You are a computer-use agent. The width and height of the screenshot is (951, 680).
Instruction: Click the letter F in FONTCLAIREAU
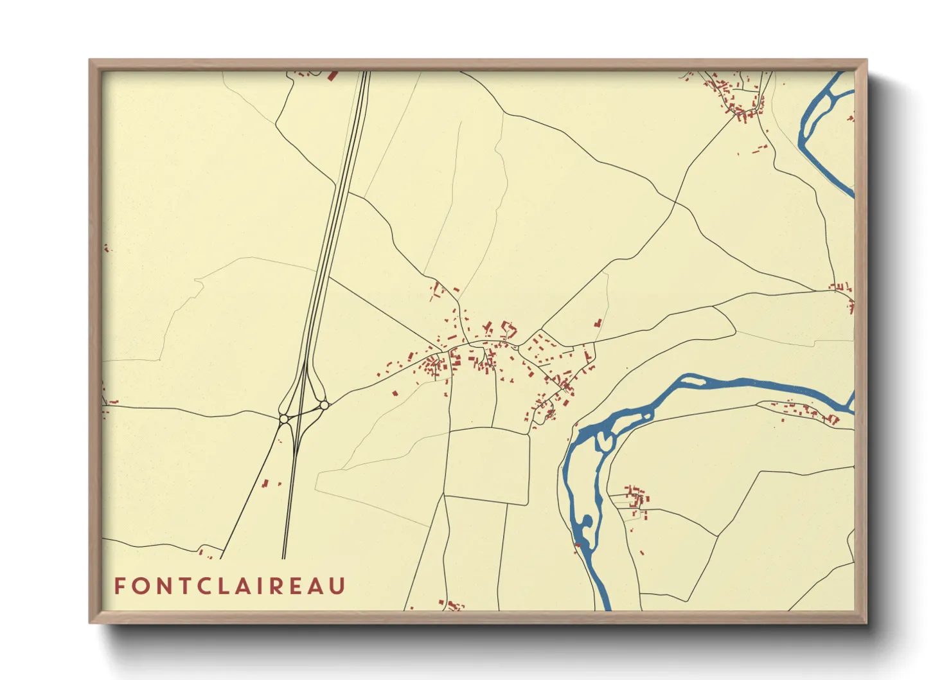click(x=120, y=586)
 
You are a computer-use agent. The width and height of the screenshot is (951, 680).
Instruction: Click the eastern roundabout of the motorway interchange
click(x=324, y=405)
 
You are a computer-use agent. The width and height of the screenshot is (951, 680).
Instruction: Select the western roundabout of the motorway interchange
click(x=283, y=419)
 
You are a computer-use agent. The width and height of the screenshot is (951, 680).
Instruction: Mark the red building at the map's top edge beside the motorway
click(x=332, y=75)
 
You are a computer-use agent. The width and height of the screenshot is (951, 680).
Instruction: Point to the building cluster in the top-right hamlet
click(x=739, y=103)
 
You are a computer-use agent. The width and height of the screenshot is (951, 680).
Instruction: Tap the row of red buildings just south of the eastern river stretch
click(x=806, y=411)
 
